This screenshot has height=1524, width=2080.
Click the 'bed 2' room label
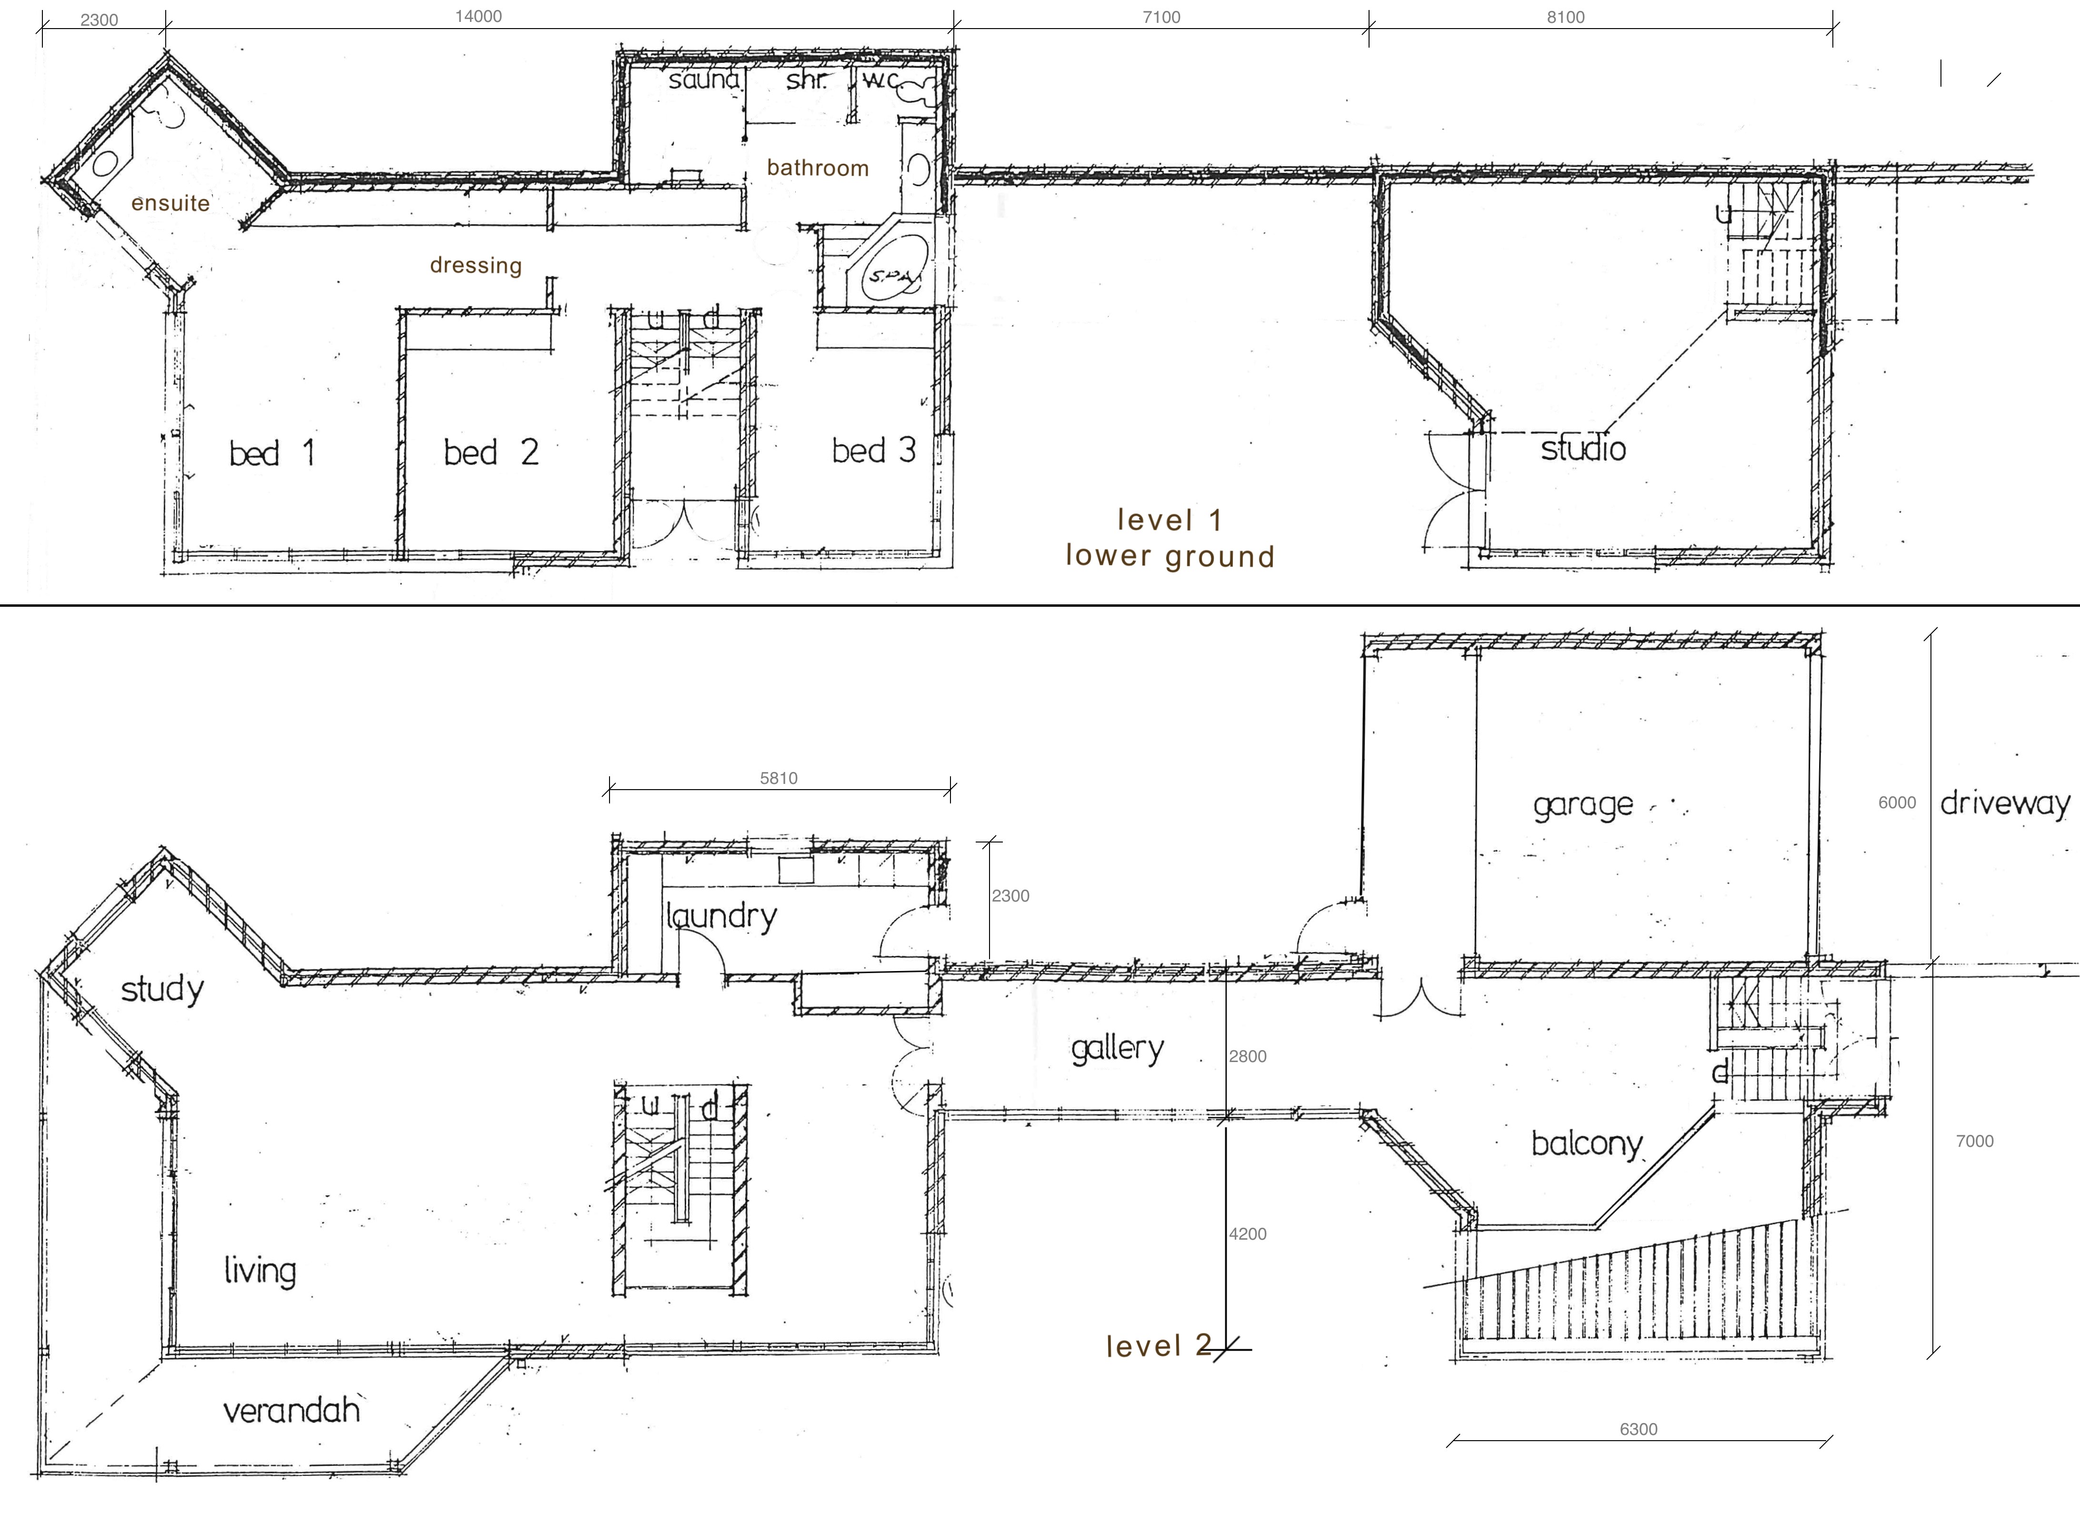coord(490,452)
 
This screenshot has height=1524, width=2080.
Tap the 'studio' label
coord(1583,449)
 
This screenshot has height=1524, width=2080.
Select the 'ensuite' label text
coord(170,203)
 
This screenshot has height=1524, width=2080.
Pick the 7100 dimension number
coord(1161,17)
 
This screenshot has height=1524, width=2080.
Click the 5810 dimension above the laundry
coord(779,778)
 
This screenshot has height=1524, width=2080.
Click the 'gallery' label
coord(1117,1049)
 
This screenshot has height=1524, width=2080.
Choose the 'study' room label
coord(162,990)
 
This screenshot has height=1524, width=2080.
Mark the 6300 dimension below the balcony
coord(1638,1429)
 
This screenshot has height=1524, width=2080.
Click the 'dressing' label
coord(476,266)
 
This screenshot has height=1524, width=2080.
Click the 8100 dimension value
coord(1565,17)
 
